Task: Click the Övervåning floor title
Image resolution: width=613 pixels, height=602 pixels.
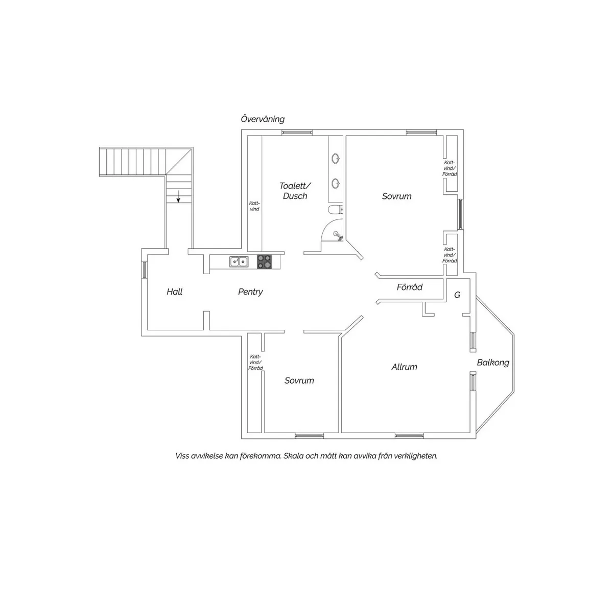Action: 263,119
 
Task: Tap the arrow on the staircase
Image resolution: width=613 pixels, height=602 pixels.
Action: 178,196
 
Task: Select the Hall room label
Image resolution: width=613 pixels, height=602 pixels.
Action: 174,292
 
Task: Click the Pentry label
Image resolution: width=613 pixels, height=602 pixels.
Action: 250,292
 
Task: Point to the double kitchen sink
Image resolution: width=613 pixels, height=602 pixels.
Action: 239,261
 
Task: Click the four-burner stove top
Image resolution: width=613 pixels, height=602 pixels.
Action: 264,261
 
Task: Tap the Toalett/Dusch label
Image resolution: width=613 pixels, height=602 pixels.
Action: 295,190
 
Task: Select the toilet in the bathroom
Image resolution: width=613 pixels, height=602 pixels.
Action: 335,209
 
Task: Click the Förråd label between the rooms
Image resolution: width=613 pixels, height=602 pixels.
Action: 409,287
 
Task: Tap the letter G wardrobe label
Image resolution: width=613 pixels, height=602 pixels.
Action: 457,295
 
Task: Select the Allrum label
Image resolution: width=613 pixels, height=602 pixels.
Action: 404,367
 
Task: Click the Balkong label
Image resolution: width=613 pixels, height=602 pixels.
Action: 493,363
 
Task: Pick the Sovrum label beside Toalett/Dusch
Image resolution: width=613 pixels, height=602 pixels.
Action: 397,196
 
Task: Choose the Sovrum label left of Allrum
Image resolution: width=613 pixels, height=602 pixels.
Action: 299,381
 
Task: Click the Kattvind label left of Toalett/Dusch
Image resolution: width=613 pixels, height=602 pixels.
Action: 254,206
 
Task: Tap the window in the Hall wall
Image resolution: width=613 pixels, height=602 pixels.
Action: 144,270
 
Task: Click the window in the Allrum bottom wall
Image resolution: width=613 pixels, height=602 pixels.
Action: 409,435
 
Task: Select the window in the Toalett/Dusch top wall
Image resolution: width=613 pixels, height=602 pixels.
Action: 297,132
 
